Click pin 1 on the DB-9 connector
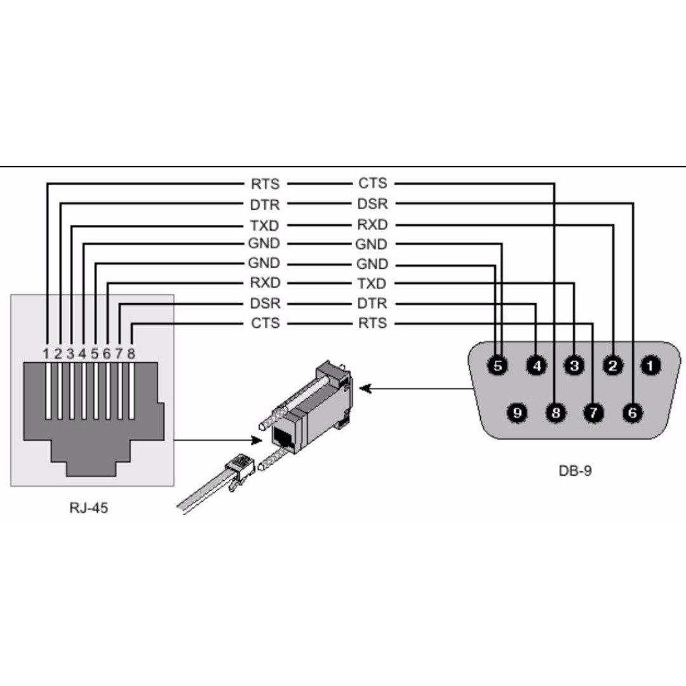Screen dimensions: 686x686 click(x=650, y=365)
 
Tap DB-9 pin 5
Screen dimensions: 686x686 click(x=498, y=365)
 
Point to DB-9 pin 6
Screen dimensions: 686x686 click(x=632, y=413)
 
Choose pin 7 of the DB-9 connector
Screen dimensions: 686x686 click(x=593, y=413)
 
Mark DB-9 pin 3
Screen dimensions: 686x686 click(x=574, y=365)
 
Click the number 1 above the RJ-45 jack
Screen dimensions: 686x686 click(x=47, y=353)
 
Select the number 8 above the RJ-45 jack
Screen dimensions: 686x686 click(x=131, y=353)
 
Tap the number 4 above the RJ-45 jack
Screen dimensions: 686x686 click(x=83, y=353)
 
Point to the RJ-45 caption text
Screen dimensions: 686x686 click(x=89, y=508)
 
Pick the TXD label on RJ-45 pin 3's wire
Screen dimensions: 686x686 click(x=265, y=225)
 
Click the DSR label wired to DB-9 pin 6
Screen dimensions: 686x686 click(x=372, y=204)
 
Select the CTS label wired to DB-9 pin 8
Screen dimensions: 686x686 click(x=372, y=184)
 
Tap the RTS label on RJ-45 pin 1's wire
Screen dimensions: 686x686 click(x=265, y=184)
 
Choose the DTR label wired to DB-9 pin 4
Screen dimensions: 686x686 click(x=372, y=304)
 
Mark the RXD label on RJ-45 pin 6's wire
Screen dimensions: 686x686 click(x=265, y=283)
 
